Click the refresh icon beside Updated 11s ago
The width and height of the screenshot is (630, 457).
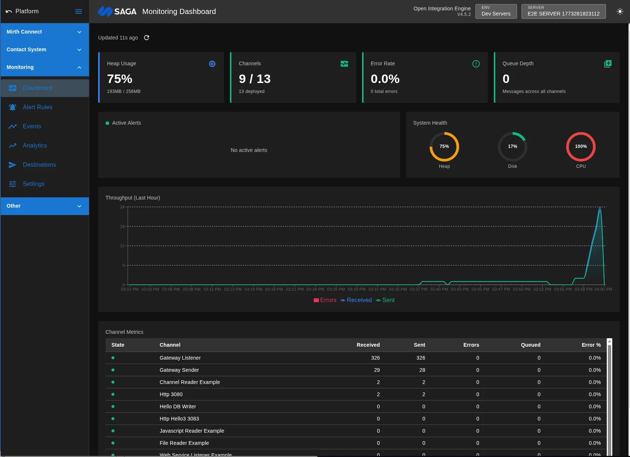[x=147, y=38]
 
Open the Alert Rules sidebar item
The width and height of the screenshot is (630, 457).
[x=37, y=107]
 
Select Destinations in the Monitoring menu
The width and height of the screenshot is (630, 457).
[x=39, y=165]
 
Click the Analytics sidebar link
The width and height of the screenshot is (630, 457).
[x=35, y=145]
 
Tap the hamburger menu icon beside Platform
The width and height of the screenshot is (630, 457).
[x=79, y=11]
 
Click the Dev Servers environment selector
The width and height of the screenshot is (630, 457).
[x=496, y=11]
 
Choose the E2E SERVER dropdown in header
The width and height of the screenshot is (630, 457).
[x=563, y=11]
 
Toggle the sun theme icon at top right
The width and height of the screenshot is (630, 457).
[x=620, y=11]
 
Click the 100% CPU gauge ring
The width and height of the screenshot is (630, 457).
[x=581, y=146]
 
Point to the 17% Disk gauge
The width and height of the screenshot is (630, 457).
[x=512, y=146]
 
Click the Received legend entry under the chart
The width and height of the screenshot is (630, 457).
[x=356, y=300]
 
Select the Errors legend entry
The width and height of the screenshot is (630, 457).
[x=325, y=300]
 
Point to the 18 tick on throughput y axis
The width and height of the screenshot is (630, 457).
[x=122, y=226]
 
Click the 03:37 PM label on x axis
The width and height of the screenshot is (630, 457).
[x=418, y=289]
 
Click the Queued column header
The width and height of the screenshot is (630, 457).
[x=530, y=345]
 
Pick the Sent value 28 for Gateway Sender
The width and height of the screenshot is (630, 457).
[x=422, y=370]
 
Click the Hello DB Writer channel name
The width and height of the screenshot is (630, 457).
[x=178, y=406]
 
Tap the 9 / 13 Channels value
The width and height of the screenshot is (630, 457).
[x=255, y=79]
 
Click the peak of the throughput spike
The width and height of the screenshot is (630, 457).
[x=600, y=207]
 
